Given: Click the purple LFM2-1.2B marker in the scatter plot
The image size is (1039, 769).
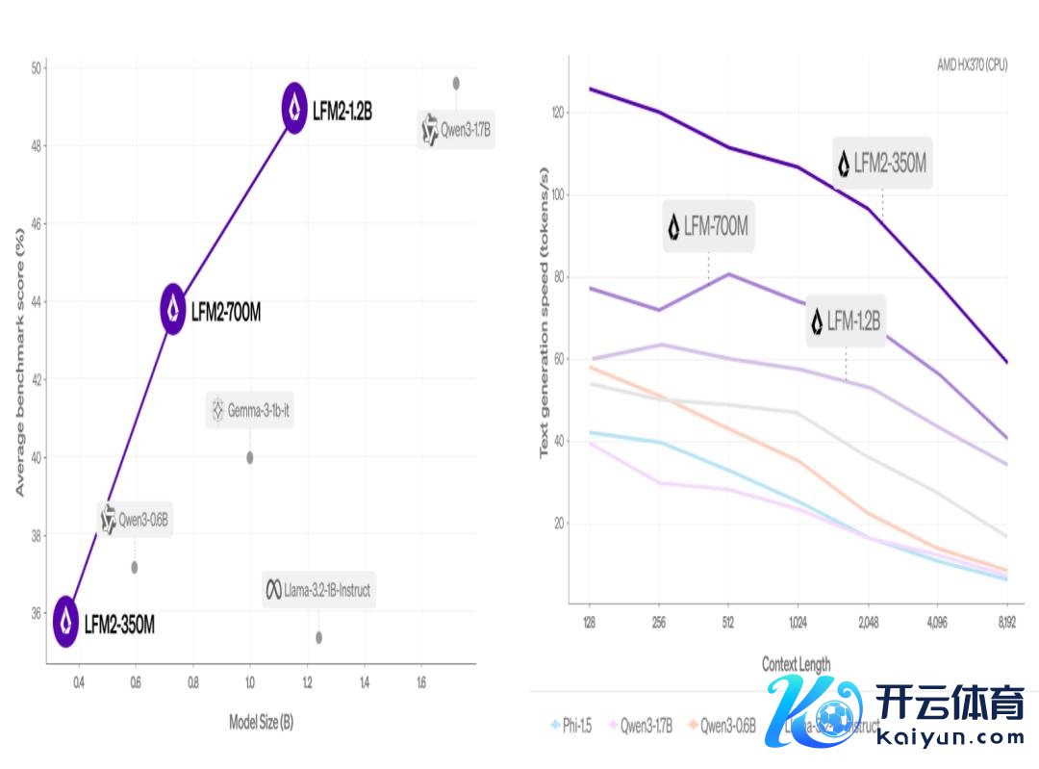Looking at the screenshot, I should click(x=294, y=109).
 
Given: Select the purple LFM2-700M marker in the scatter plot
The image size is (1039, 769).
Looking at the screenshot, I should click(x=173, y=309).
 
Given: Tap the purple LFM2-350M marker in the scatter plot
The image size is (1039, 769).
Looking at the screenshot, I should click(x=65, y=622).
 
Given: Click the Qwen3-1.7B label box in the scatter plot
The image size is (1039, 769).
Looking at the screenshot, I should click(x=456, y=130).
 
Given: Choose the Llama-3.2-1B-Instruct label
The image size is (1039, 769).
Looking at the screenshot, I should click(x=318, y=589).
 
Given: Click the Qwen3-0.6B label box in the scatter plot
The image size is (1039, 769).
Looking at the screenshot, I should click(x=135, y=520).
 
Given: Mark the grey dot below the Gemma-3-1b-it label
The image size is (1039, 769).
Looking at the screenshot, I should click(x=250, y=457).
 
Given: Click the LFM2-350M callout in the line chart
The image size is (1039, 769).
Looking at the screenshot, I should click(x=882, y=163).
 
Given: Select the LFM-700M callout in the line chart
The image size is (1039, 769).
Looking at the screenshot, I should click(x=708, y=226).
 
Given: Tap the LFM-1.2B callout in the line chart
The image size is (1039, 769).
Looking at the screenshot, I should click(x=846, y=320).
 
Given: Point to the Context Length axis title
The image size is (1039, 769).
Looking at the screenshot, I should click(x=796, y=664).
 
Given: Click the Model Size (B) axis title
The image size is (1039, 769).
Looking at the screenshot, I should click(x=261, y=722).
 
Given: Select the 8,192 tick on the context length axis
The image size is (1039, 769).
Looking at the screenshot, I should click(x=1006, y=623).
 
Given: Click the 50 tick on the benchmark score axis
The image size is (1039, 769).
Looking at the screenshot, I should click(x=37, y=68).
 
